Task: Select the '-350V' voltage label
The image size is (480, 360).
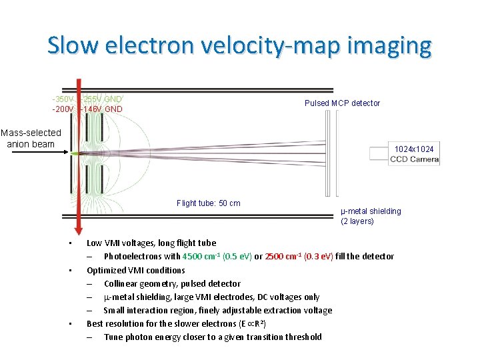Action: (64, 99)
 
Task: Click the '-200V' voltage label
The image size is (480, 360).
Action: (64, 109)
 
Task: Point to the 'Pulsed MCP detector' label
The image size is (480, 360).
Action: (342, 103)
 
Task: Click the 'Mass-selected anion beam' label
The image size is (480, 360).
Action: (31, 138)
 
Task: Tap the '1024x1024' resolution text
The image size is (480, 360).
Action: (414, 149)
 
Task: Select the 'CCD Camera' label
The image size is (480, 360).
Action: (414, 159)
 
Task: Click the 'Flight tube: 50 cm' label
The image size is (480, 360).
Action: (208, 203)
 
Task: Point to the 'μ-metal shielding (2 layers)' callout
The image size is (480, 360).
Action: (371, 216)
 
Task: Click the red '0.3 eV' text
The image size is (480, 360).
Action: (320, 257)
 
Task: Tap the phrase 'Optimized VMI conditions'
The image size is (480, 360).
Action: (136, 270)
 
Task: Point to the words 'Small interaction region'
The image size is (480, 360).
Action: (149, 310)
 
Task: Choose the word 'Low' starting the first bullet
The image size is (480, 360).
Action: (95, 243)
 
